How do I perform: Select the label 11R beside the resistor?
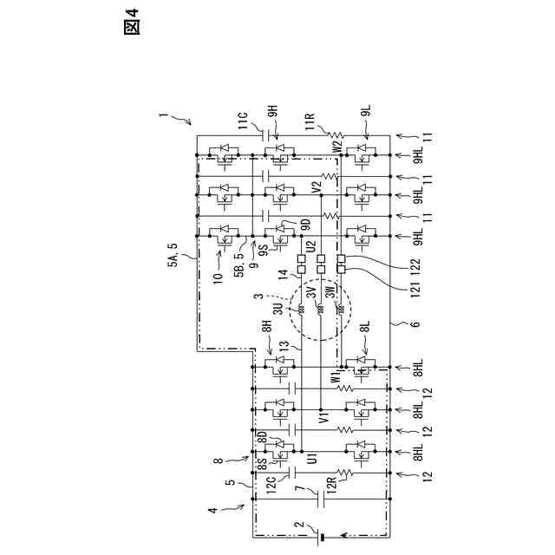tap(310, 119)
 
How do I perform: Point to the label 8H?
tap(266, 329)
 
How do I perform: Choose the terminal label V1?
tap(323, 419)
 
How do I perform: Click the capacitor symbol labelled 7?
tap(323, 499)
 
